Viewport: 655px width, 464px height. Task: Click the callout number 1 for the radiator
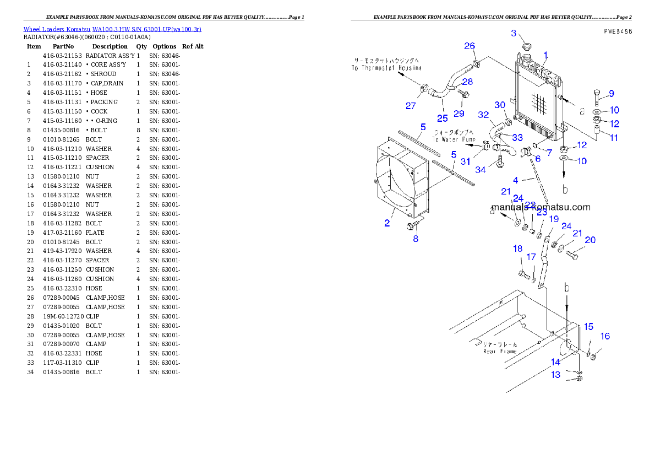[545, 55]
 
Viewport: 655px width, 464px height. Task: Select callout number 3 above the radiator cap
[514, 33]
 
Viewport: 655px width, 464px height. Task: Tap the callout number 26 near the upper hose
[470, 46]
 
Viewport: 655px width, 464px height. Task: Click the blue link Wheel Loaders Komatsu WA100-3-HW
[112, 29]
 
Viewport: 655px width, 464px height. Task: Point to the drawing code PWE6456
[617, 32]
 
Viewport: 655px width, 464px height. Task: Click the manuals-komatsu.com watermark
[541, 208]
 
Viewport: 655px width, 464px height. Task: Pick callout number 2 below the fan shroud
[387, 223]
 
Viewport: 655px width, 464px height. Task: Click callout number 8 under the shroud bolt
[416, 239]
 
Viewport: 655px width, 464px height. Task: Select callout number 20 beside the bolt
[590, 240]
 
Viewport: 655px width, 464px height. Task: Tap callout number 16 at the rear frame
[605, 336]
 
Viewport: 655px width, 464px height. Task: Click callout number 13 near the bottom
[556, 375]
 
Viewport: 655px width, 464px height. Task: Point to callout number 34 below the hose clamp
[481, 170]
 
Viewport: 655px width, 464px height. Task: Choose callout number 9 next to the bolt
[611, 93]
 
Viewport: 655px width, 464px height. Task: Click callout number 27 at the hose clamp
[411, 106]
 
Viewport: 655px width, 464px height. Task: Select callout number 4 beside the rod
[516, 180]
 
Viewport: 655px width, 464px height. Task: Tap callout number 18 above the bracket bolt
[517, 249]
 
